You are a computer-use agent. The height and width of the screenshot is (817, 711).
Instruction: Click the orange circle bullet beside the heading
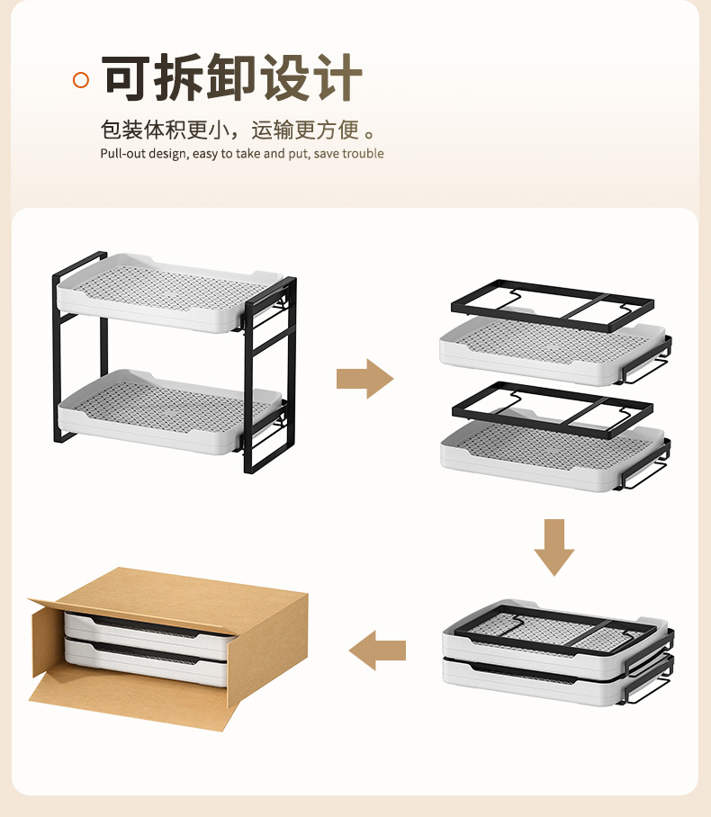click(81, 80)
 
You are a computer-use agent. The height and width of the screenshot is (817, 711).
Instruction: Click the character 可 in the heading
click(124, 77)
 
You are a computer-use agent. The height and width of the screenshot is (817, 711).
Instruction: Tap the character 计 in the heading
click(339, 77)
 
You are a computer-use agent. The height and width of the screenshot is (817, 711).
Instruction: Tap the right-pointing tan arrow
click(364, 379)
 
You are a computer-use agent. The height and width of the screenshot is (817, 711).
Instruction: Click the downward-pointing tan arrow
click(554, 547)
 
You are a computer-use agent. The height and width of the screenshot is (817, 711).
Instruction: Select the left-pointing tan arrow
click(377, 651)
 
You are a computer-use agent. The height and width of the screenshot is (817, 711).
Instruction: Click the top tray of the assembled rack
click(169, 292)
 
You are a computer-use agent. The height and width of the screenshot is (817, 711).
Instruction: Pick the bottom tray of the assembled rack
click(169, 411)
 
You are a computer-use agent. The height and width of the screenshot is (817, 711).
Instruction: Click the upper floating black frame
click(552, 306)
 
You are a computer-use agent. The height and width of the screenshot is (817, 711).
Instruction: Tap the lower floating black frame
click(552, 410)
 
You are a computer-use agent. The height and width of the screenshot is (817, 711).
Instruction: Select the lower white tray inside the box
click(146, 663)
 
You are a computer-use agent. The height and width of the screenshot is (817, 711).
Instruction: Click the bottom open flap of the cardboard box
click(130, 701)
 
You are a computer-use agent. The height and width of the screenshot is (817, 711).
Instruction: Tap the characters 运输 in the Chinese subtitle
click(273, 130)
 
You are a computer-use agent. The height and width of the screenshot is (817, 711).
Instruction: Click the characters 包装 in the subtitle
click(121, 130)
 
